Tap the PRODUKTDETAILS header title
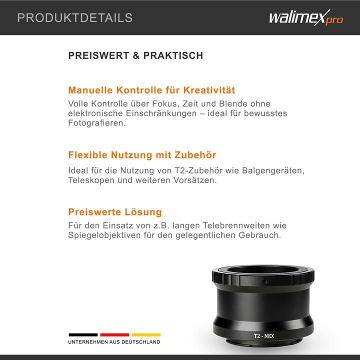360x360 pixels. pyautogui.click(x=75, y=18)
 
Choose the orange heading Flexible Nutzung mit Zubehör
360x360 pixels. pyautogui.click(x=142, y=155)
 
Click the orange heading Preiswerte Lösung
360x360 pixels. pyautogui.click(x=114, y=212)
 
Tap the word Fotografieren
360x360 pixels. pyautogui.click(x=96, y=123)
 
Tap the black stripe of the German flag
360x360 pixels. pyautogui.click(x=83, y=334)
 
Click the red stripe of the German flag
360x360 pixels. pyautogui.click(x=114, y=334)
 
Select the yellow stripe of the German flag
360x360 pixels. pyautogui.click(x=145, y=334)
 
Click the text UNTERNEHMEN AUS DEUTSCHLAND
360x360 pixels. pyautogui.click(x=114, y=342)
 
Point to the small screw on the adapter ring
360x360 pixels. pyautogui.click(x=263, y=282)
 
